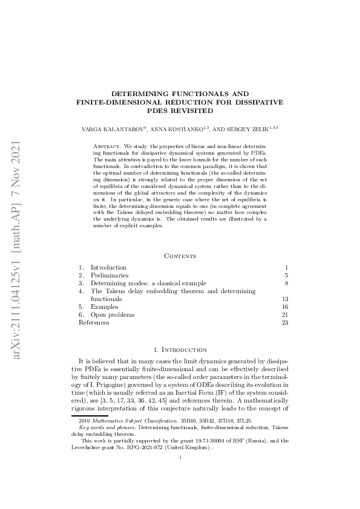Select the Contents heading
pos(180,256)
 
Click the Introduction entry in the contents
pos(108,267)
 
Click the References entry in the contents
pos(94,323)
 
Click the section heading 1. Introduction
pos(180,349)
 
